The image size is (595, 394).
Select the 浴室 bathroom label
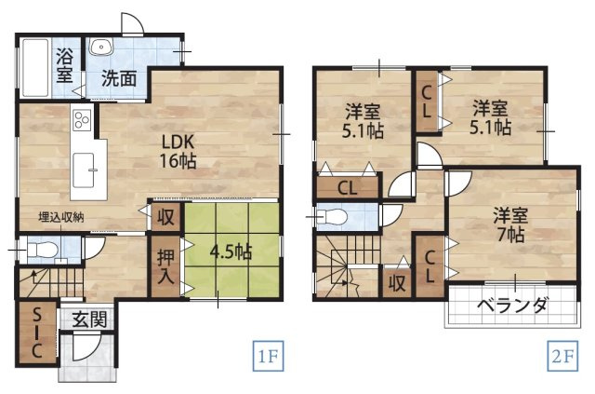click(x=64, y=63)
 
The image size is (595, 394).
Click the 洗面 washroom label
click(x=119, y=79)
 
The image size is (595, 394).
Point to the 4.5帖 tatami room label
click(x=230, y=251)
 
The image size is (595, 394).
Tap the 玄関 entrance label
click(x=89, y=319)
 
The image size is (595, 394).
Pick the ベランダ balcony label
click(x=511, y=306)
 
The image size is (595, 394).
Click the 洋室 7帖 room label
click(x=509, y=224)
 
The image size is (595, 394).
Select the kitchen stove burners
click(x=81, y=121)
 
